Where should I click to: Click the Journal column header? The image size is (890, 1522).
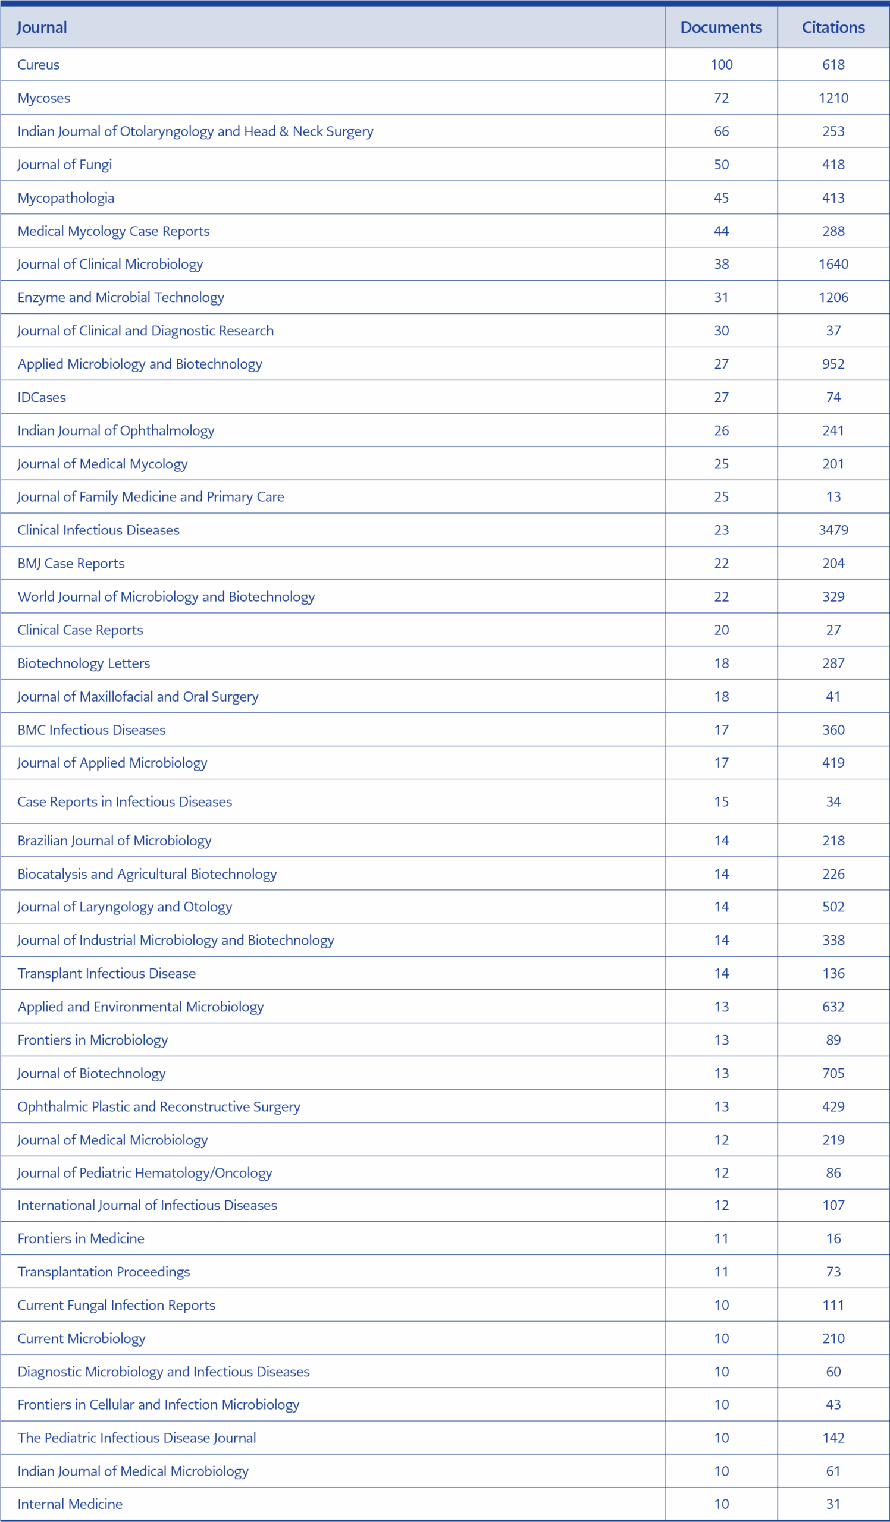(x=42, y=27)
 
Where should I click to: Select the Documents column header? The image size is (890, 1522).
(x=721, y=27)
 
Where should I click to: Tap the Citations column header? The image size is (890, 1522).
(x=833, y=27)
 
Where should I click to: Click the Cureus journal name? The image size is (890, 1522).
(x=39, y=65)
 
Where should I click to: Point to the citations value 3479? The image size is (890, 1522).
(x=833, y=530)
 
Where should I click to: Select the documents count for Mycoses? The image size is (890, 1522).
(x=721, y=98)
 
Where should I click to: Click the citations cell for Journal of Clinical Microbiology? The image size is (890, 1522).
(x=833, y=264)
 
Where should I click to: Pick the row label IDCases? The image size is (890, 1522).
(x=42, y=397)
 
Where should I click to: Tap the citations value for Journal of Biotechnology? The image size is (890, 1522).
(x=833, y=1073)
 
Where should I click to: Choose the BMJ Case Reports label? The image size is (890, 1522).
(x=71, y=563)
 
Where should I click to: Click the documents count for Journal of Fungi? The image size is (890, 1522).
(x=721, y=164)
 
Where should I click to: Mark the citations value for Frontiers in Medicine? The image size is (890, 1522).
(x=833, y=1238)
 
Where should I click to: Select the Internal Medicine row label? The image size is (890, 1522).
(x=70, y=1504)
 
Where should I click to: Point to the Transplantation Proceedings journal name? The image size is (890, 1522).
(x=104, y=1271)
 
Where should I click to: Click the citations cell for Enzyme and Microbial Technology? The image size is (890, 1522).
(x=833, y=297)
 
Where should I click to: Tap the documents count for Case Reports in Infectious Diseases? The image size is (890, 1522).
(x=721, y=801)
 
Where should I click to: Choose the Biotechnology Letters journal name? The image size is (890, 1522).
(x=84, y=663)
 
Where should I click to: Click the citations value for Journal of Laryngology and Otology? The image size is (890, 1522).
(x=833, y=907)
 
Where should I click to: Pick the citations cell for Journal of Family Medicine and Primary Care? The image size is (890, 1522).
(x=833, y=496)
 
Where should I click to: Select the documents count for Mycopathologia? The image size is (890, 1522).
(x=721, y=197)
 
